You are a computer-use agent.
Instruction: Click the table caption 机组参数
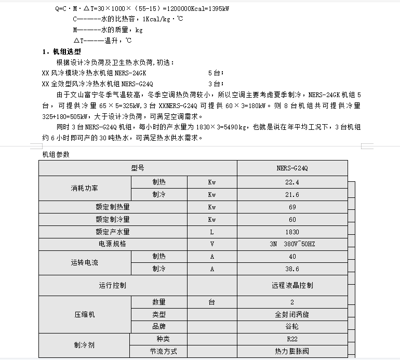[56, 154]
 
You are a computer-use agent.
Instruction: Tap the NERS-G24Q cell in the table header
[292, 168]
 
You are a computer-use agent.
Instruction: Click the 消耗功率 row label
[84, 189]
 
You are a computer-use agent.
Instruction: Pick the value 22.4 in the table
[292, 182]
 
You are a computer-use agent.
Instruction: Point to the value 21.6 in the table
[292, 195]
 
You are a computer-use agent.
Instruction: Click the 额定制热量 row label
[112, 207]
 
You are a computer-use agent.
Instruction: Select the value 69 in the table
[292, 207]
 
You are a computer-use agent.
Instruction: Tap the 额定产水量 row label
[112, 232]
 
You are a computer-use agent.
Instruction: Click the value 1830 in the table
[292, 232]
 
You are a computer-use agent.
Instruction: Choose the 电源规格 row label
[112, 244]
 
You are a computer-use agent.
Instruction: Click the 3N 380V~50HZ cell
[292, 244]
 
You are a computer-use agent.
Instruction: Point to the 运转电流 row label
[84, 263]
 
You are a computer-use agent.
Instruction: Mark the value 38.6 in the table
[292, 269]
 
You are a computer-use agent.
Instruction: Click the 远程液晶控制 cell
[292, 285]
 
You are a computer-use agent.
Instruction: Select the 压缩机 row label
[84, 314]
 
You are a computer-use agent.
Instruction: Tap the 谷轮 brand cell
[292, 327]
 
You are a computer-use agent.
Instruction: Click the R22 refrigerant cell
[292, 339]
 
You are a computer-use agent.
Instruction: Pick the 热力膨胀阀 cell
[292, 351]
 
